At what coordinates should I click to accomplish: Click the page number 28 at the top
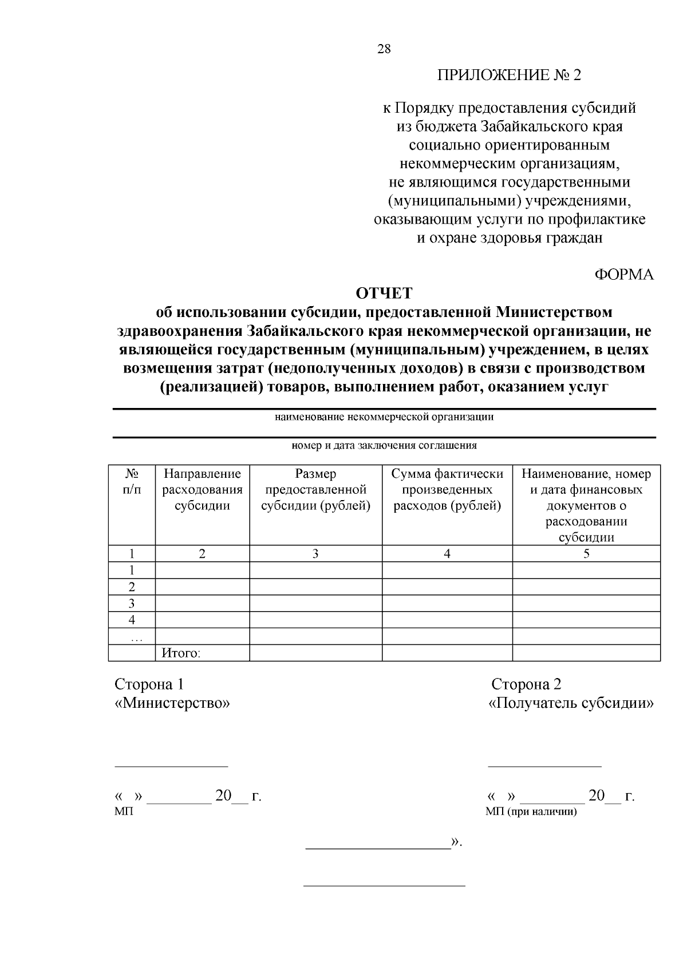tap(384, 49)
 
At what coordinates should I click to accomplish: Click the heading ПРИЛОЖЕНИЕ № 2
tap(509, 76)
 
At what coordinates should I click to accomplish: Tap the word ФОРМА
tap(624, 275)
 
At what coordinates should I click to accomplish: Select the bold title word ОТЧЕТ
tap(384, 294)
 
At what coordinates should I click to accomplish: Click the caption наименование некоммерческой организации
tap(384, 417)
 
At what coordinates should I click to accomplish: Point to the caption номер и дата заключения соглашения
tap(384, 446)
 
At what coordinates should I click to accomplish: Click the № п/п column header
tap(132, 481)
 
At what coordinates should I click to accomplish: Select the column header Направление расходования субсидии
tap(202, 490)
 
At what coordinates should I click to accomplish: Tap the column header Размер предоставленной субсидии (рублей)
tap(315, 490)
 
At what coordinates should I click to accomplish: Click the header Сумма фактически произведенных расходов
tap(447, 490)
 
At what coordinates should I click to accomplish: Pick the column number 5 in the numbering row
tap(586, 553)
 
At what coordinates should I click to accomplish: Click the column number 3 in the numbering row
tap(315, 553)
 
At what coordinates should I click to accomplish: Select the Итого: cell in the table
tap(181, 653)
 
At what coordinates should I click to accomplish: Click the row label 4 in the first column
tap(132, 620)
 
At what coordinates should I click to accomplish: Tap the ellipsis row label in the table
tap(132, 637)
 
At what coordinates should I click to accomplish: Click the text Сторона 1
tap(149, 684)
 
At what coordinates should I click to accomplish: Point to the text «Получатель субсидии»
tap(571, 703)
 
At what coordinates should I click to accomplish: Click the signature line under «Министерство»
tap(171, 765)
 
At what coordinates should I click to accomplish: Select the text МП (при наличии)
tap(531, 812)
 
